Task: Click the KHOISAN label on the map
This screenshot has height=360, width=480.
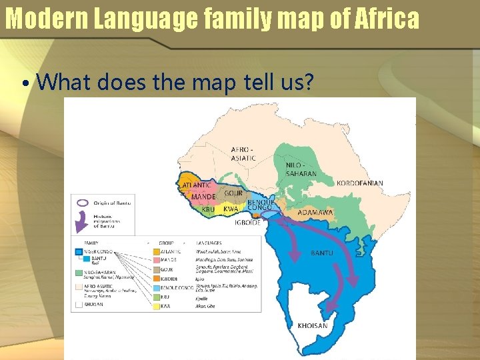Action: [312, 325]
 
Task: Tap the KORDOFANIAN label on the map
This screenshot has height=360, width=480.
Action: [360, 183]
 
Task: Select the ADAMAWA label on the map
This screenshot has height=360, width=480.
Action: [315, 213]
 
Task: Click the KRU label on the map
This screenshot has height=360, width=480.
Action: [208, 209]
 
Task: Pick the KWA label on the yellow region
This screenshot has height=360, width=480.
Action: [231, 209]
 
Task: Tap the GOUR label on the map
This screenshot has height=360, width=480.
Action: [233, 193]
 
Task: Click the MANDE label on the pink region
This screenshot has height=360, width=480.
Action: [203, 197]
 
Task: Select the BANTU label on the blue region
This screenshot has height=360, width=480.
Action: [323, 253]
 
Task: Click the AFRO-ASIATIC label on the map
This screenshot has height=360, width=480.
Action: [243, 153]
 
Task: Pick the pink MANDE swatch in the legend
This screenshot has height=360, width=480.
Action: [156, 261]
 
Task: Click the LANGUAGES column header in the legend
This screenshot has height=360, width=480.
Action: [209, 243]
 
